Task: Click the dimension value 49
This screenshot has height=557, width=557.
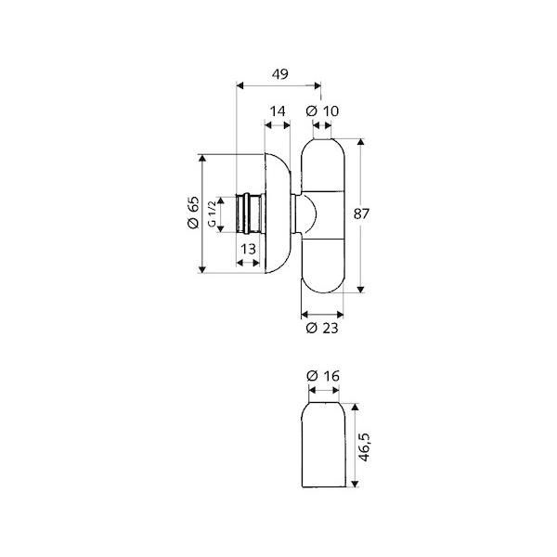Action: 280,74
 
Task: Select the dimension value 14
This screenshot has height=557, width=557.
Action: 278,111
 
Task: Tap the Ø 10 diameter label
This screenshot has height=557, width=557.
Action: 322,111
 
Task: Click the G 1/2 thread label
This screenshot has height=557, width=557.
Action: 212,214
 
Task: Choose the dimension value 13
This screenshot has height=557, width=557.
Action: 248,249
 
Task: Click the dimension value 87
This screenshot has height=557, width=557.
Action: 362,214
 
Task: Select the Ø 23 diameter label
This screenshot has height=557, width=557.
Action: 322,328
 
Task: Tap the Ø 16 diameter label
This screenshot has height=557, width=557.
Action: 323,375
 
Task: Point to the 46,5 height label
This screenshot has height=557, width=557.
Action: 364,447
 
